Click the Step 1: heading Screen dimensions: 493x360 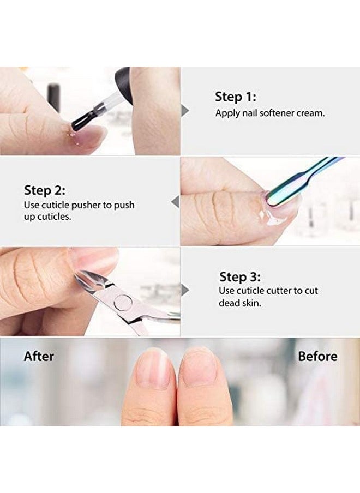(235, 97)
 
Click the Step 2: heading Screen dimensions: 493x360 (44, 190)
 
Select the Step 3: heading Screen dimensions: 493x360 (239, 276)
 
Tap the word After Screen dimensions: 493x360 (39, 357)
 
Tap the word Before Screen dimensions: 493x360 (317, 357)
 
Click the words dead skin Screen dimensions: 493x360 (239, 303)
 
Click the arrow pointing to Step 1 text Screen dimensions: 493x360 (185, 111)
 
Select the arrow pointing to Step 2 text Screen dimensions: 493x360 (176, 202)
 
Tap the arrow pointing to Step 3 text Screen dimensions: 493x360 (185, 290)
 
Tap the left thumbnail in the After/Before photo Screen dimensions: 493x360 (154, 368)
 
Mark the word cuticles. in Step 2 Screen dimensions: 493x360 (55, 217)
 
